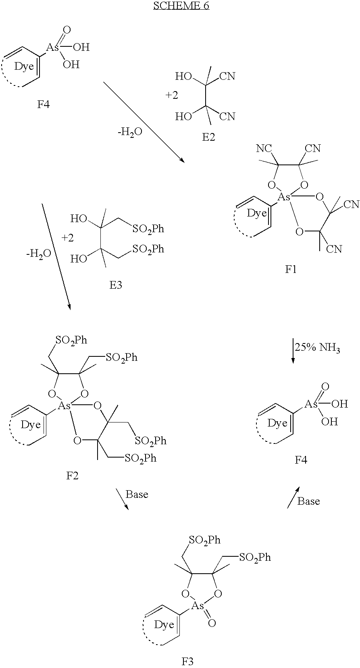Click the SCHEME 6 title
181,6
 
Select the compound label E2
208,137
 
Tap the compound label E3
116,285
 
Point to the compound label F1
291,269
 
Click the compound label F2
72,476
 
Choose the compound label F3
188,662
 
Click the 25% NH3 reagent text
317,348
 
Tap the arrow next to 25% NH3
293,350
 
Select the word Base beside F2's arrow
137,494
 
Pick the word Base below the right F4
308,501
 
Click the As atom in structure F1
284,197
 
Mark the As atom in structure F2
64,406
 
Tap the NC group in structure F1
264,148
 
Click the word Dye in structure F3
164,624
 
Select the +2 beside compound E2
171,95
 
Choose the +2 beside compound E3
67,238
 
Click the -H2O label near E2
130,132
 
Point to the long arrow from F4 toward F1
144,122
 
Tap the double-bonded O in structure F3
212,623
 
